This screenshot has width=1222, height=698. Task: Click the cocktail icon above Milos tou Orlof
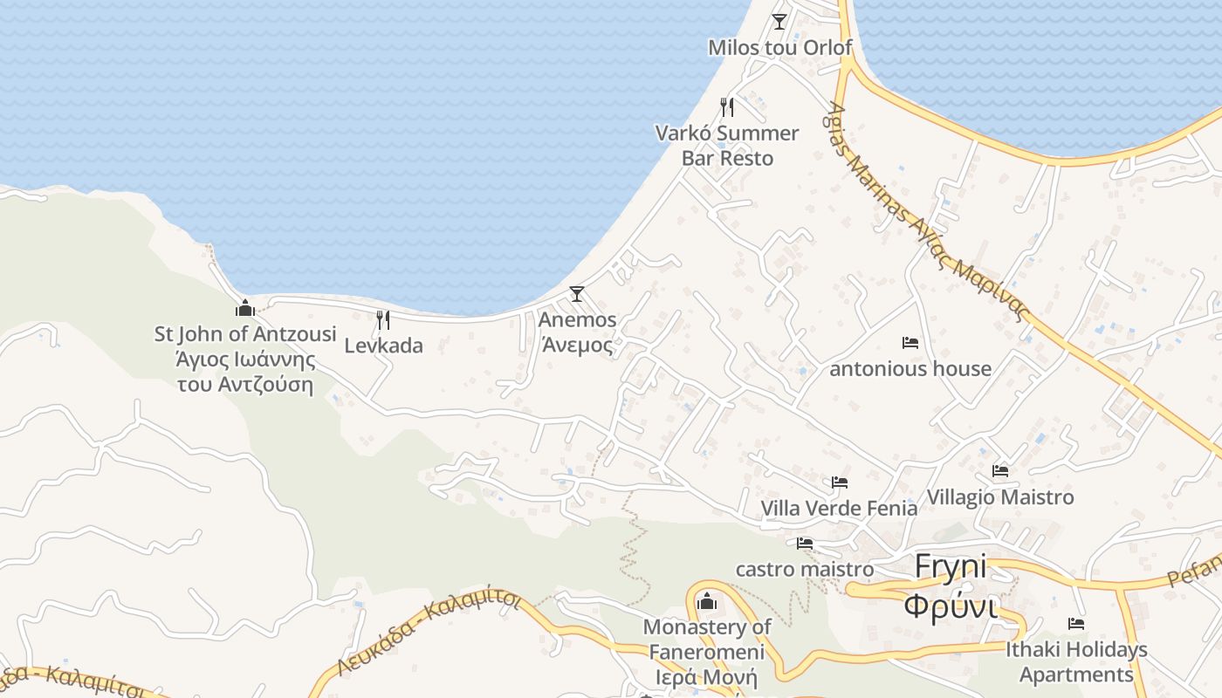pyautogui.click(x=779, y=21)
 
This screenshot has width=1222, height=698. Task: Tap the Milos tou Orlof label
pyautogui.click(x=779, y=47)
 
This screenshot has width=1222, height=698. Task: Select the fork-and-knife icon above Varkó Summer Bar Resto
pyautogui.click(x=727, y=107)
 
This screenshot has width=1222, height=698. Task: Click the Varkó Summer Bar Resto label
pyautogui.click(x=727, y=146)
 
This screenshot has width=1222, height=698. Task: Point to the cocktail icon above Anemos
pyautogui.click(x=577, y=294)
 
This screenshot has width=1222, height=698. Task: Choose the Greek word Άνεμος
pyautogui.click(x=577, y=345)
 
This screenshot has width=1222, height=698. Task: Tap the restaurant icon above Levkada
pyautogui.click(x=383, y=319)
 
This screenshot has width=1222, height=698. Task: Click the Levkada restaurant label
pyautogui.click(x=383, y=346)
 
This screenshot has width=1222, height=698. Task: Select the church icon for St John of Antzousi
pyautogui.click(x=245, y=308)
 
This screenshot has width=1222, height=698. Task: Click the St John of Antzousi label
pyautogui.click(x=245, y=334)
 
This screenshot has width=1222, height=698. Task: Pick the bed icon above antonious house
pyautogui.click(x=910, y=343)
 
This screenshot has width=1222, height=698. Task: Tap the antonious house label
pyautogui.click(x=910, y=369)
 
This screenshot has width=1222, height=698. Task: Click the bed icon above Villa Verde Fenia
pyautogui.click(x=840, y=482)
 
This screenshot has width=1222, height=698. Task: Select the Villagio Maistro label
pyautogui.click(x=1000, y=497)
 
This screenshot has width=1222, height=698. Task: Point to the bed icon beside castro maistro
pyautogui.click(x=805, y=544)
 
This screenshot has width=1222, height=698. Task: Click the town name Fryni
pyautogui.click(x=951, y=567)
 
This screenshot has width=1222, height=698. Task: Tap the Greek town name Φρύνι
pyautogui.click(x=951, y=605)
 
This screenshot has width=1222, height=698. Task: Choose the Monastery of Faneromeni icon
pyautogui.click(x=707, y=602)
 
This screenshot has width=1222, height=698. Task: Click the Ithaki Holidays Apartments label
pyautogui.click(x=1076, y=662)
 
